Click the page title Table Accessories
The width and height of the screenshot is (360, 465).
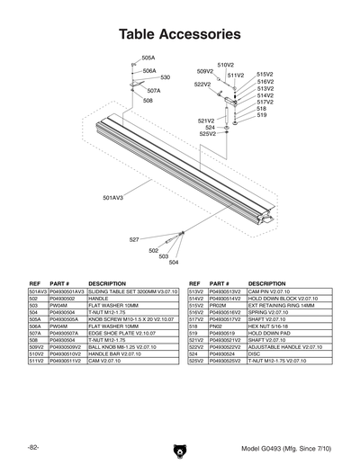180,35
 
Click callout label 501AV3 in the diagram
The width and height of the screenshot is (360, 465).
112,197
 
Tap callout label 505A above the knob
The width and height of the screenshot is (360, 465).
148,58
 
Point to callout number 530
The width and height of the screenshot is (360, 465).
166,77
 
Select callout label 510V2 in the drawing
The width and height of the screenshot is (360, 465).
225,65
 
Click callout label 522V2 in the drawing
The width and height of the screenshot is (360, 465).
202,84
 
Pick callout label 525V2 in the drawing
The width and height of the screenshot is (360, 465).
207,134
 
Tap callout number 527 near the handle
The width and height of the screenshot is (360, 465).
134,240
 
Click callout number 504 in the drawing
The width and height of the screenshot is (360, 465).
174,263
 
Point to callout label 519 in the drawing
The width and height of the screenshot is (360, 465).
262,115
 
